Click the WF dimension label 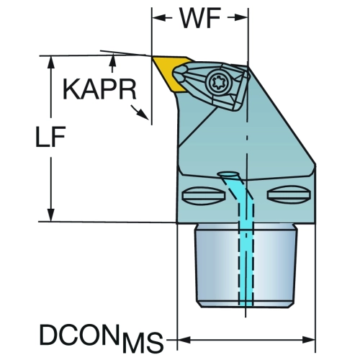click(x=200, y=19)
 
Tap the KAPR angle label click(x=99, y=89)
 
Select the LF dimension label click(x=50, y=137)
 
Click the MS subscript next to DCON click(x=143, y=342)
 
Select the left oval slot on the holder click(x=204, y=196)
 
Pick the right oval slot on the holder click(x=289, y=194)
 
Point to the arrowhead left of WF click(x=159, y=18)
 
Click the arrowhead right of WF click(x=241, y=18)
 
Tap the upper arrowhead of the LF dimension click(x=50, y=63)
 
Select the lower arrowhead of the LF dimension click(x=50, y=215)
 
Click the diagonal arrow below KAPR click(x=140, y=112)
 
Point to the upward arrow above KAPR click(x=112, y=63)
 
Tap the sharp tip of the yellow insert click(x=153, y=57)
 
